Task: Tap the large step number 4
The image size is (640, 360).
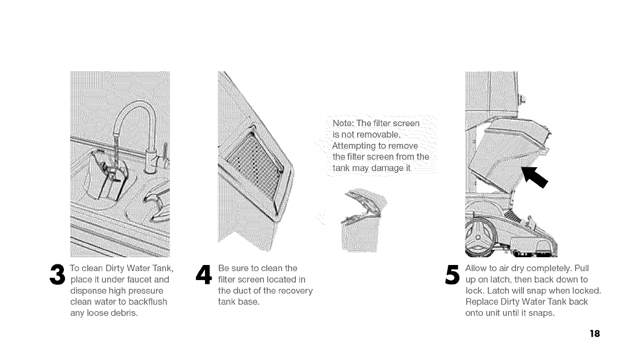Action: tap(204, 274)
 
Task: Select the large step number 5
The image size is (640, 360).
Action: tap(452, 274)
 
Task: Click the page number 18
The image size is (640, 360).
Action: tap(595, 334)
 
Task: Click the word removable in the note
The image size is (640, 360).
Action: tap(376, 134)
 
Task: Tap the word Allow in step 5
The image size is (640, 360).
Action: tap(477, 268)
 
